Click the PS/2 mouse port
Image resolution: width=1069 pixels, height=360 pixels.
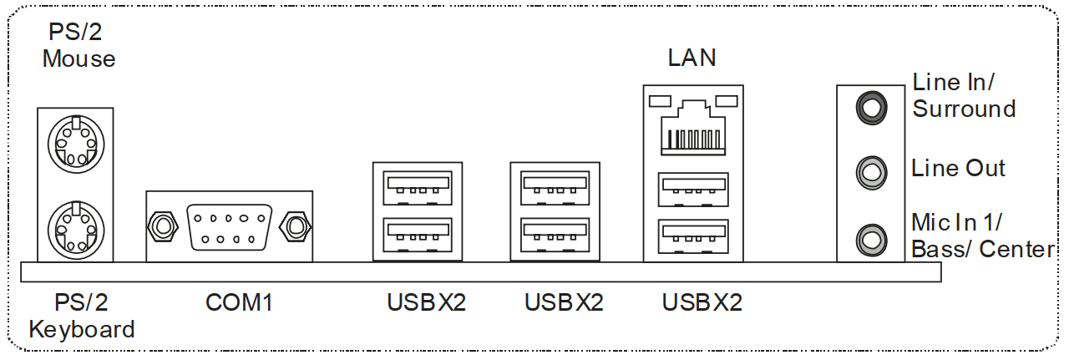click(75, 143)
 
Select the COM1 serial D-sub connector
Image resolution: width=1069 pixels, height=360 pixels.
click(229, 225)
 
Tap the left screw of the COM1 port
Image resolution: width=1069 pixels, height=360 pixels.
click(163, 225)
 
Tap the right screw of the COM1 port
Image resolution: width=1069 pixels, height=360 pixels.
click(294, 225)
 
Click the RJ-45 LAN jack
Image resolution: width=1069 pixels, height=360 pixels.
click(693, 128)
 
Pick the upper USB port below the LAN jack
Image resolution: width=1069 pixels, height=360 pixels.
click(693, 189)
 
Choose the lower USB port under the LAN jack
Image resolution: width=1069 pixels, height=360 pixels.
click(693, 236)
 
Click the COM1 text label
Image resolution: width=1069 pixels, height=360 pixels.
click(239, 302)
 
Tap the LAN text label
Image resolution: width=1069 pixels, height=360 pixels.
click(692, 58)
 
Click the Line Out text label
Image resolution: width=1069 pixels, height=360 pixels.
click(959, 168)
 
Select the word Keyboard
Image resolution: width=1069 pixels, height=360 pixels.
click(82, 329)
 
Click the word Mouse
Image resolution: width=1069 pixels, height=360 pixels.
click(79, 59)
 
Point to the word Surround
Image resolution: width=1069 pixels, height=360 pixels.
click(964, 109)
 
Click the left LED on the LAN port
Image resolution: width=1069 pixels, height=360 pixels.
click(659, 101)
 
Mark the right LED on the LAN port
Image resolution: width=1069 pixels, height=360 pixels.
click(727, 101)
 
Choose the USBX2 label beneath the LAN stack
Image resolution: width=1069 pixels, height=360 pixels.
click(702, 302)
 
